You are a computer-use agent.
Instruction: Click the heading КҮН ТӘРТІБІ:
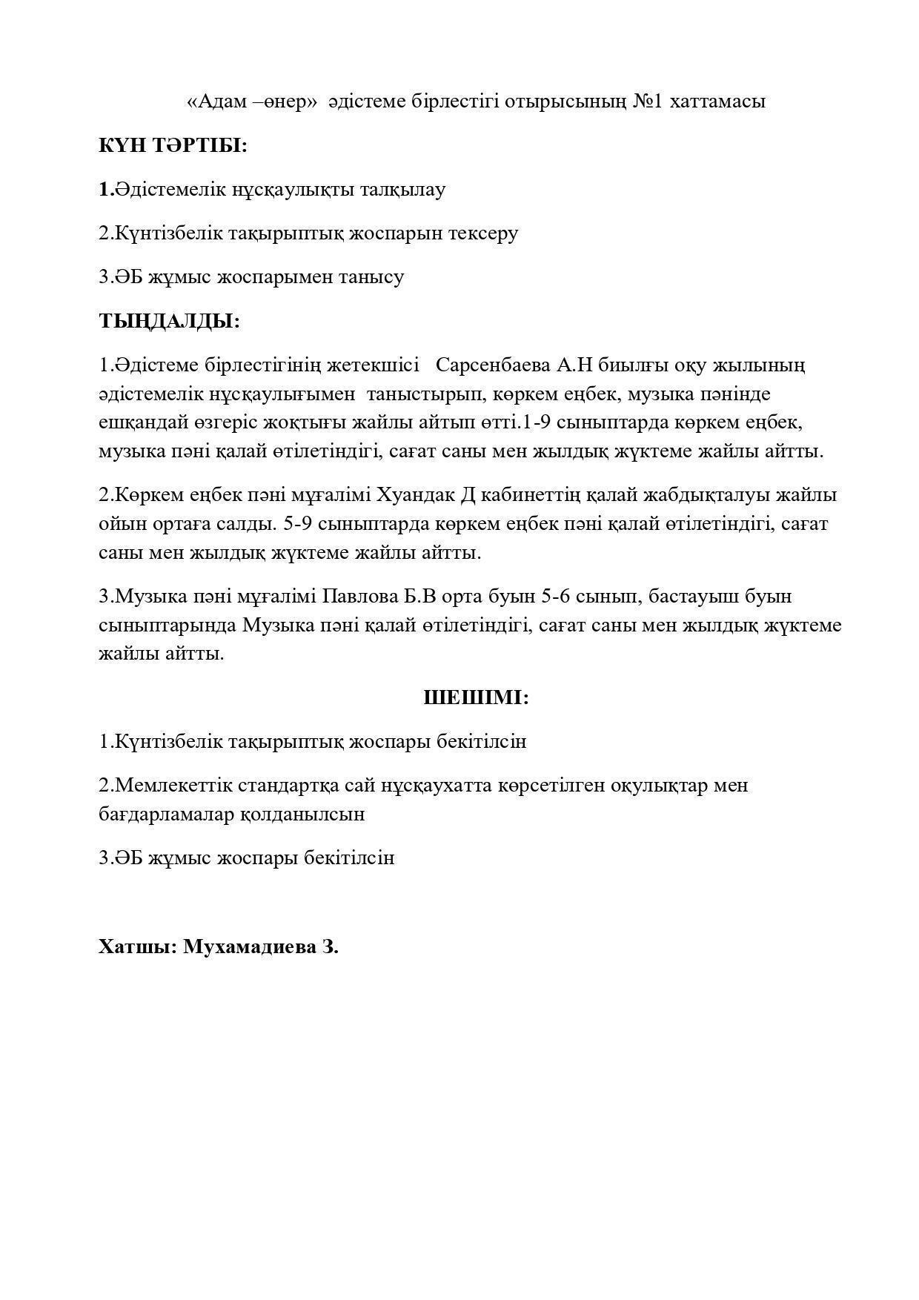click(x=173, y=145)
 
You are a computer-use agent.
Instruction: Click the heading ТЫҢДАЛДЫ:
click(x=170, y=321)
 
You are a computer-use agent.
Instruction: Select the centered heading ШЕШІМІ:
click(x=476, y=697)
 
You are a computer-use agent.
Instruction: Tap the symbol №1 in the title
click(x=648, y=102)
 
